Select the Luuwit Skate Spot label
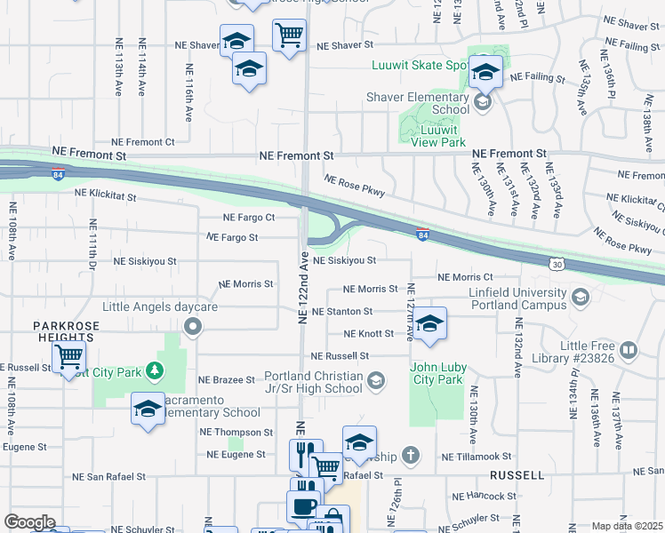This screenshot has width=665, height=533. pos(421,65)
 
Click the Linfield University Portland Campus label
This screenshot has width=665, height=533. pos(515,299)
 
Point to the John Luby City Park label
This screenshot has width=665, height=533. pos(437,373)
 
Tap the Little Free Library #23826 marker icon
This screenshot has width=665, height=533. pos(629,350)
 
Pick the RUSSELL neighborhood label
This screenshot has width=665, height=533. pos(517,475)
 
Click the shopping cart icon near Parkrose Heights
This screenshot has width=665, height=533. pos(68,357)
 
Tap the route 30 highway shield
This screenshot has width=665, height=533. pos(557,264)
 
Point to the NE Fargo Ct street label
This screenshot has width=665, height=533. pos(248,217)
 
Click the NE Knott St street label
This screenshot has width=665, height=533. pos(369,334)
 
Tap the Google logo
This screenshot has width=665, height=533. pos(29,522)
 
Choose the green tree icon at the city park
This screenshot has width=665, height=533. pos(155,370)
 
